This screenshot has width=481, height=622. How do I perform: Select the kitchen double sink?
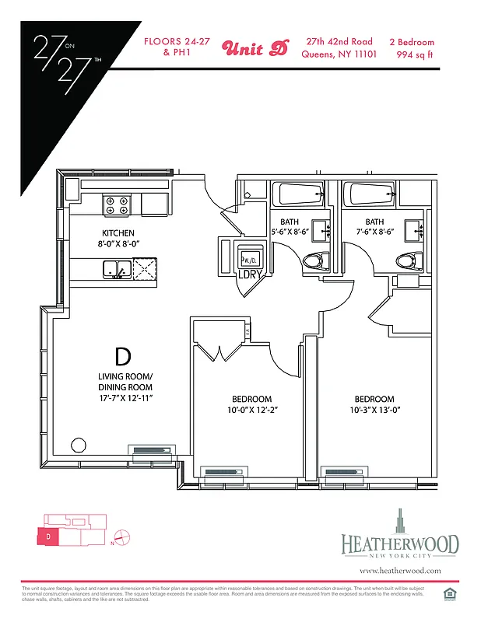(115, 269)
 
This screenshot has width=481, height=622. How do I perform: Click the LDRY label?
(249, 274)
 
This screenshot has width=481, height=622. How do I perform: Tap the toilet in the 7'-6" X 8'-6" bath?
(406, 260)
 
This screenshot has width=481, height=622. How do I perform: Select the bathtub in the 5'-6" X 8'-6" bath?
(296, 194)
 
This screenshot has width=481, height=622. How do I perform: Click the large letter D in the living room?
(122, 357)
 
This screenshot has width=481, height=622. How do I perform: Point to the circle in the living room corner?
(79, 446)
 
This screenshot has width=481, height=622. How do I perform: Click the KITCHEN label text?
(118, 233)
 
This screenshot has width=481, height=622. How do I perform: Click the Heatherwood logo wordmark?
(399, 544)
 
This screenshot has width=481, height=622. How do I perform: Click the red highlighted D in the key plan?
(47, 536)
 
